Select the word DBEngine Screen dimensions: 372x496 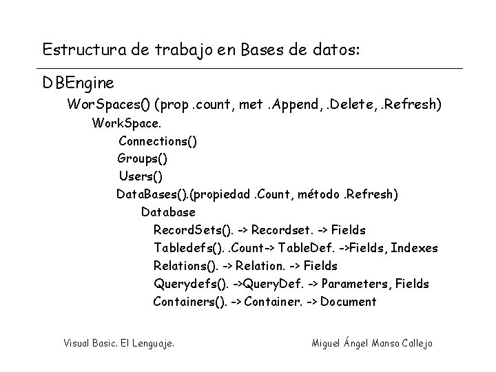click(x=78, y=83)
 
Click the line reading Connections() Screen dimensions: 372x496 click(x=158, y=141)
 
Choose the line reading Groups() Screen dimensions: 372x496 click(x=142, y=158)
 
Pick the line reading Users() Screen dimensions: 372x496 click(x=141, y=176)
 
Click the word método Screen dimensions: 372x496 click(x=320, y=194)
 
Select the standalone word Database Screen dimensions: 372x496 click(x=168, y=212)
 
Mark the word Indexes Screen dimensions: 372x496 click(x=414, y=248)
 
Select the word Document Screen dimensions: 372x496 click(x=349, y=302)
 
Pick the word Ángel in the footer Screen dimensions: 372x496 click(x=355, y=342)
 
